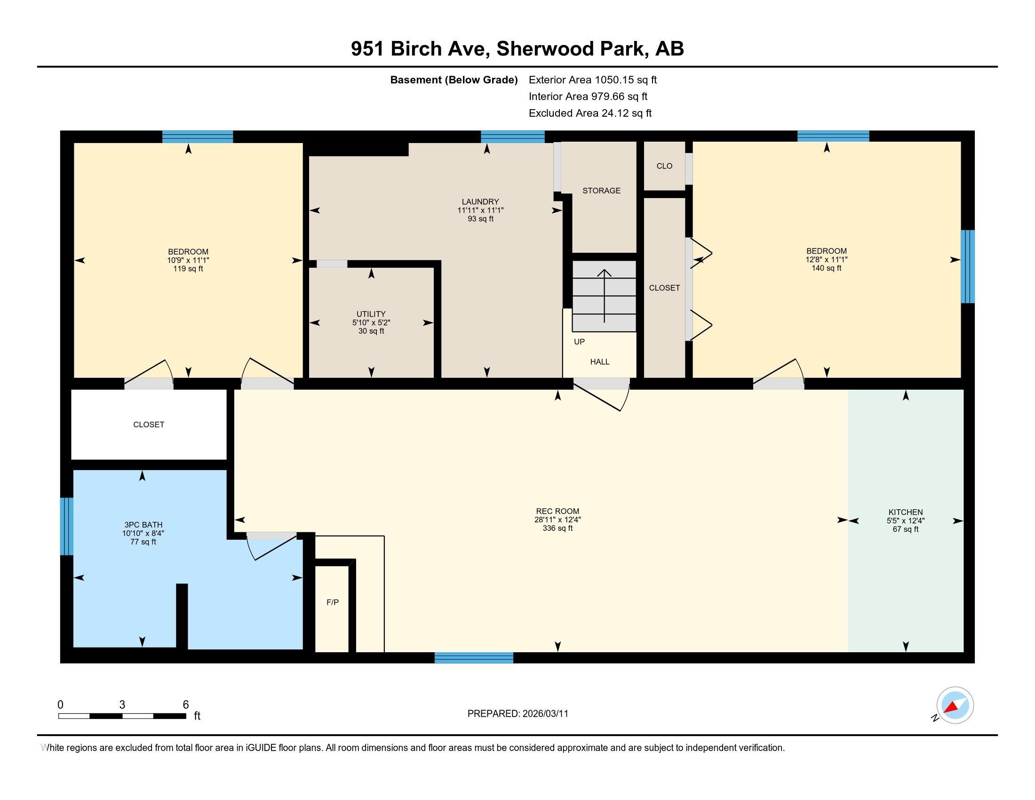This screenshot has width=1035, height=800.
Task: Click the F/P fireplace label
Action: point(333,602)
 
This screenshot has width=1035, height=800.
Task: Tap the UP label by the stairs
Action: point(579,342)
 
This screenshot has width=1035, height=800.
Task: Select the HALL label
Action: point(599,361)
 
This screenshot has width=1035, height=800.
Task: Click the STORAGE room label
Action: point(601,191)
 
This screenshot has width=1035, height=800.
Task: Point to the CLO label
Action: point(664,166)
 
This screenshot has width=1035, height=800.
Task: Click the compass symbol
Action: point(955,705)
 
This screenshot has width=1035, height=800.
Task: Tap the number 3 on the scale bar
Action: point(122,705)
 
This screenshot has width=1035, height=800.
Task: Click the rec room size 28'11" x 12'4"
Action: point(557,520)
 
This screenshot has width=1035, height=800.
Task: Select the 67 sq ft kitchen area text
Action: point(906,529)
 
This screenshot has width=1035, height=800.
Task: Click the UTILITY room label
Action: point(371,314)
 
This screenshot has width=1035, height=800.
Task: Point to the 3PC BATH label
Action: point(143,525)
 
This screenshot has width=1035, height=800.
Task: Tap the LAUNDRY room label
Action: point(480,201)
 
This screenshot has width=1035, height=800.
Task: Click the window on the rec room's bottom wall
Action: point(474,657)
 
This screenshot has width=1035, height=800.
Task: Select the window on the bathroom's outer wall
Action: point(67,526)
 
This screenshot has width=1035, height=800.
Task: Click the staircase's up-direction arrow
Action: point(604,296)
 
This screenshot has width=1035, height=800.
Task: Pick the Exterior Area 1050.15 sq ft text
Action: point(593,80)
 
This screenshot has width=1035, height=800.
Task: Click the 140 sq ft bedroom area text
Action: point(827,268)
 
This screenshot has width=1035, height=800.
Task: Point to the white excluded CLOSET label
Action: point(149,424)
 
